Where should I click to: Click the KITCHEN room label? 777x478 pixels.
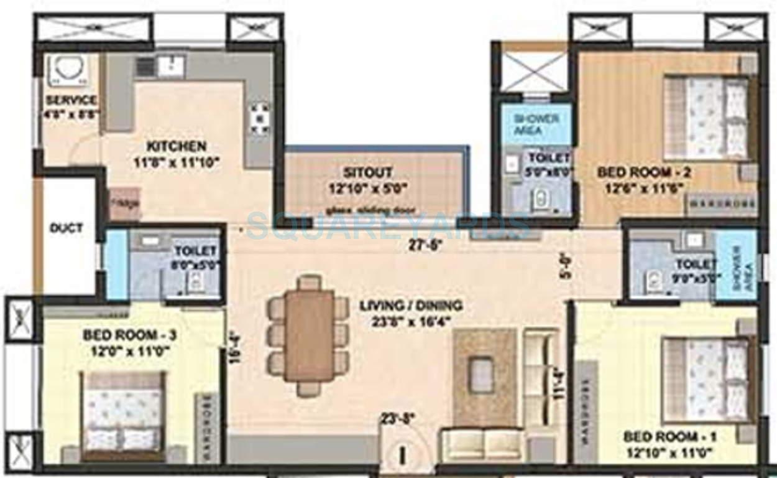point(176,147)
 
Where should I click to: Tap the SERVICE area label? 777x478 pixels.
point(71,100)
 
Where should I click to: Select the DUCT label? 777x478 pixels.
point(66,228)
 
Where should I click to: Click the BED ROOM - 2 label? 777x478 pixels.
point(644,172)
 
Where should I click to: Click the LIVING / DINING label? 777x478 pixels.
point(411,306)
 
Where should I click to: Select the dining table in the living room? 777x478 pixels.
point(309,335)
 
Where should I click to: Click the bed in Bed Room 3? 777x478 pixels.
point(123,415)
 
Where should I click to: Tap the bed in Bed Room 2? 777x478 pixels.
point(706,118)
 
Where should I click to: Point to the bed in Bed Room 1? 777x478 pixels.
point(706,380)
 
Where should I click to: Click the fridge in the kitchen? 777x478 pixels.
point(124,203)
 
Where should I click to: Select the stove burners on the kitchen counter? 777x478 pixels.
point(259,118)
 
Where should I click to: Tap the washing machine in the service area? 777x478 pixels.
point(69,70)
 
